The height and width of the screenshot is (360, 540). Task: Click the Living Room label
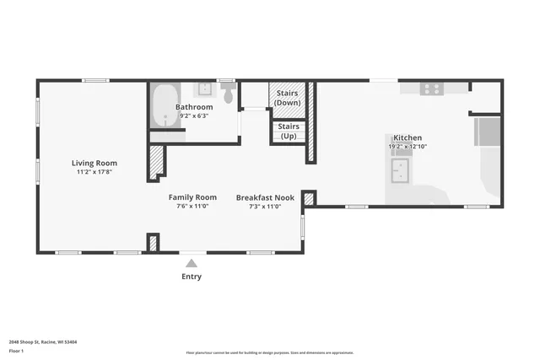coord(94,163)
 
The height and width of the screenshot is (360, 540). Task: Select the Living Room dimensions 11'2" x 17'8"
coord(94,172)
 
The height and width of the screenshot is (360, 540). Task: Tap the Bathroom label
coord(194,107)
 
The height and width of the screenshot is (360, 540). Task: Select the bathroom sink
coord(205,89)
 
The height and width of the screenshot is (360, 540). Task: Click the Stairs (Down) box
coord(287,98)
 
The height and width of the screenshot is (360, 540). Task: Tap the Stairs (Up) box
coord(287,132)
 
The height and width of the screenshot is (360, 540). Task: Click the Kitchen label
coord(408,137)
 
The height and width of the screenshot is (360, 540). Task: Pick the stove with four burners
coord(432,89)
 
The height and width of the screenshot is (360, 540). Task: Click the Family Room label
coord(192,196)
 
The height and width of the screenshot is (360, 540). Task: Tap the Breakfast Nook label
coord(264,196)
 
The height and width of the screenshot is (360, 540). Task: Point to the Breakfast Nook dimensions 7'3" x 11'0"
coord(264,206)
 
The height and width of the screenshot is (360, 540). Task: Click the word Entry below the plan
coord(192,277)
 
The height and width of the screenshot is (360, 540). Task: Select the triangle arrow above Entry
coord(192,262)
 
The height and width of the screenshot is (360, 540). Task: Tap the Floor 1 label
coord(15,350)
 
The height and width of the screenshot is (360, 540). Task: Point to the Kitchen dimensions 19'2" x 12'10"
coord(408,147)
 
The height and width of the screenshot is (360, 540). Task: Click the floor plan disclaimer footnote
coord(270,352)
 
